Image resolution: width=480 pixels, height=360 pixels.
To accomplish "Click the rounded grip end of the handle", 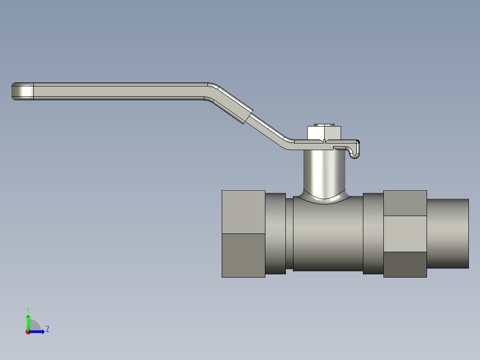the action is coord(22,91).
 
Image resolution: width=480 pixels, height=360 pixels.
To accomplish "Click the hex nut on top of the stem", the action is coord(324,133).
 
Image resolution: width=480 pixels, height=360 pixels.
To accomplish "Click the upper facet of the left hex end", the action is coord(244,212).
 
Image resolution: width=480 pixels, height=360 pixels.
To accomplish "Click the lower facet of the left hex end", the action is coord(244,256).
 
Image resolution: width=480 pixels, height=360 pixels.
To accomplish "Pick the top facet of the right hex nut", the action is coord(405,203).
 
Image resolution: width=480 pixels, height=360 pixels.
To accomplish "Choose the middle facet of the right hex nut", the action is coord(405,234).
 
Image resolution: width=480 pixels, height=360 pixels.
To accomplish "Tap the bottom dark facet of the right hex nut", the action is coord(405,265).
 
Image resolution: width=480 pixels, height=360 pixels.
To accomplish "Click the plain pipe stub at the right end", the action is coord(448,234).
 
